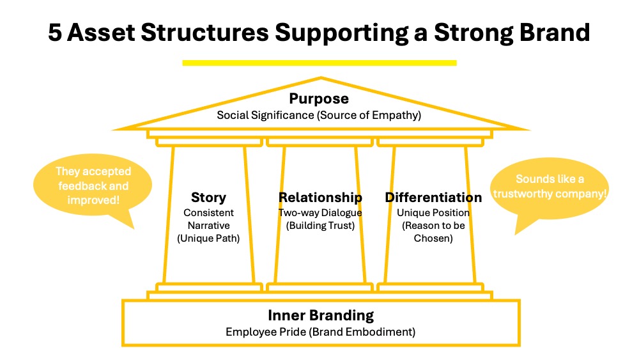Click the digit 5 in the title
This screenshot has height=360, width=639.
coord(56,33)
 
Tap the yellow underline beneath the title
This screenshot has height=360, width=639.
coord(319,63)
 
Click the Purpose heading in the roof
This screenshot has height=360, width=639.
coord(319,99)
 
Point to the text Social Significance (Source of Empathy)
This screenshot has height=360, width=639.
coord(319,115)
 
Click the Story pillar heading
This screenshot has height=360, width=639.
coord(208,198)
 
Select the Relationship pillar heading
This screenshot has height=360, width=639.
coord(320,198)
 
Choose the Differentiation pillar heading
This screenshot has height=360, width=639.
coord(433,198)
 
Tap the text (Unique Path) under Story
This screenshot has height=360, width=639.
coord(208,239)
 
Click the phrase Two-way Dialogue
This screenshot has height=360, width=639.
coord(320,212)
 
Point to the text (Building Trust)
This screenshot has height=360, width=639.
coord(320,225)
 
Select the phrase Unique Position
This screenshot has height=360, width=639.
coord(433,212)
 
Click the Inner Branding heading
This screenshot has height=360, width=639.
coord(320,315)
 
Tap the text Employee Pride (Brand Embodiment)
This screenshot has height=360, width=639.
coord(320,332)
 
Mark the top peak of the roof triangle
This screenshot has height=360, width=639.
coord(321,79)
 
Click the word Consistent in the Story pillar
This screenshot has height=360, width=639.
coord(208,212)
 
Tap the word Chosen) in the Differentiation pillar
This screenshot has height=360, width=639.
coord(433,239)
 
